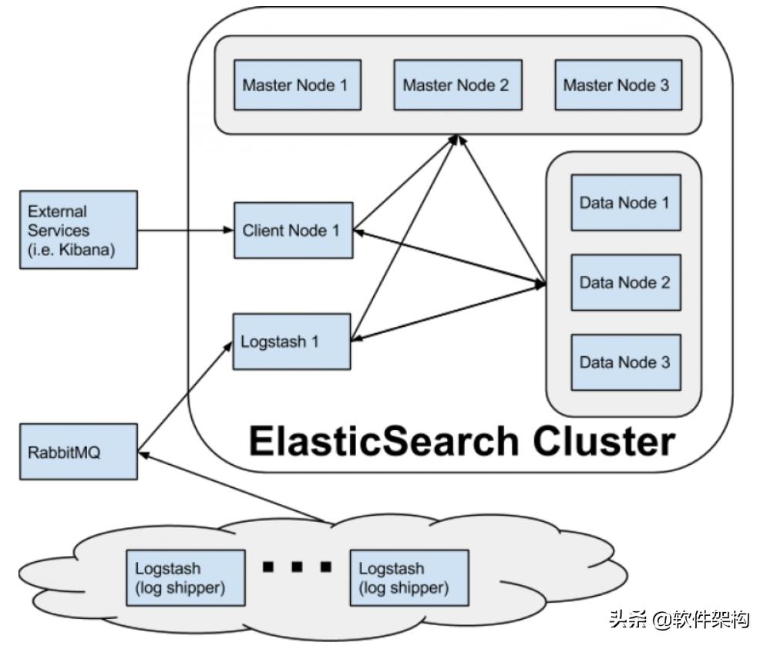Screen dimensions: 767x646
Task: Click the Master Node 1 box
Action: click(x=298, y=85)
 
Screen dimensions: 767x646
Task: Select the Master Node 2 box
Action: click(x=458, y=85)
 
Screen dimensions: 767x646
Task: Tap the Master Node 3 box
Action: click(x=618, y=85)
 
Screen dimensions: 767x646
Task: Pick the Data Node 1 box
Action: click(x=626, y=203)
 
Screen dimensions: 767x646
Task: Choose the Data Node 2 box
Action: click(x=626, y=282)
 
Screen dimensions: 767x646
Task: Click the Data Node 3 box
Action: click(x=626, y=362)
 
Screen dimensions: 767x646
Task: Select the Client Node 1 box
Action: click(x=294, y=230)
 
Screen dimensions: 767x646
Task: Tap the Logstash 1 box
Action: click(x=292, y=342)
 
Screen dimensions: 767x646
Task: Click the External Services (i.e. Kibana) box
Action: click(x=79, y=230)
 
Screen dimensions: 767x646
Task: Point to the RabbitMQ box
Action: click(x=79, y=452)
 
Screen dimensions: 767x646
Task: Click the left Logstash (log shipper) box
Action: click(x=186, y=578)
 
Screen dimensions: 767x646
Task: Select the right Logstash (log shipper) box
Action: click(x=409, y=578)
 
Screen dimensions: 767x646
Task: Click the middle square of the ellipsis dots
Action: click(x=297, y=567)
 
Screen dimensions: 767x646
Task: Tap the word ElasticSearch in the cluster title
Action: click(x=384, y=441)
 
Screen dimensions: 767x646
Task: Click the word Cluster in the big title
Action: click(x=604, y=441)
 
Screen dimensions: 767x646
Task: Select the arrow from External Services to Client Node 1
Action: click(x=186, y=230)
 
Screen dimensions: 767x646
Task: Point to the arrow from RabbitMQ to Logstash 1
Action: click(x=185, y=396)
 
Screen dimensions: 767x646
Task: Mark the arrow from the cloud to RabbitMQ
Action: click(x=231, y=486)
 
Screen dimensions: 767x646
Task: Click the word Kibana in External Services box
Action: click(x=87, y=250)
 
